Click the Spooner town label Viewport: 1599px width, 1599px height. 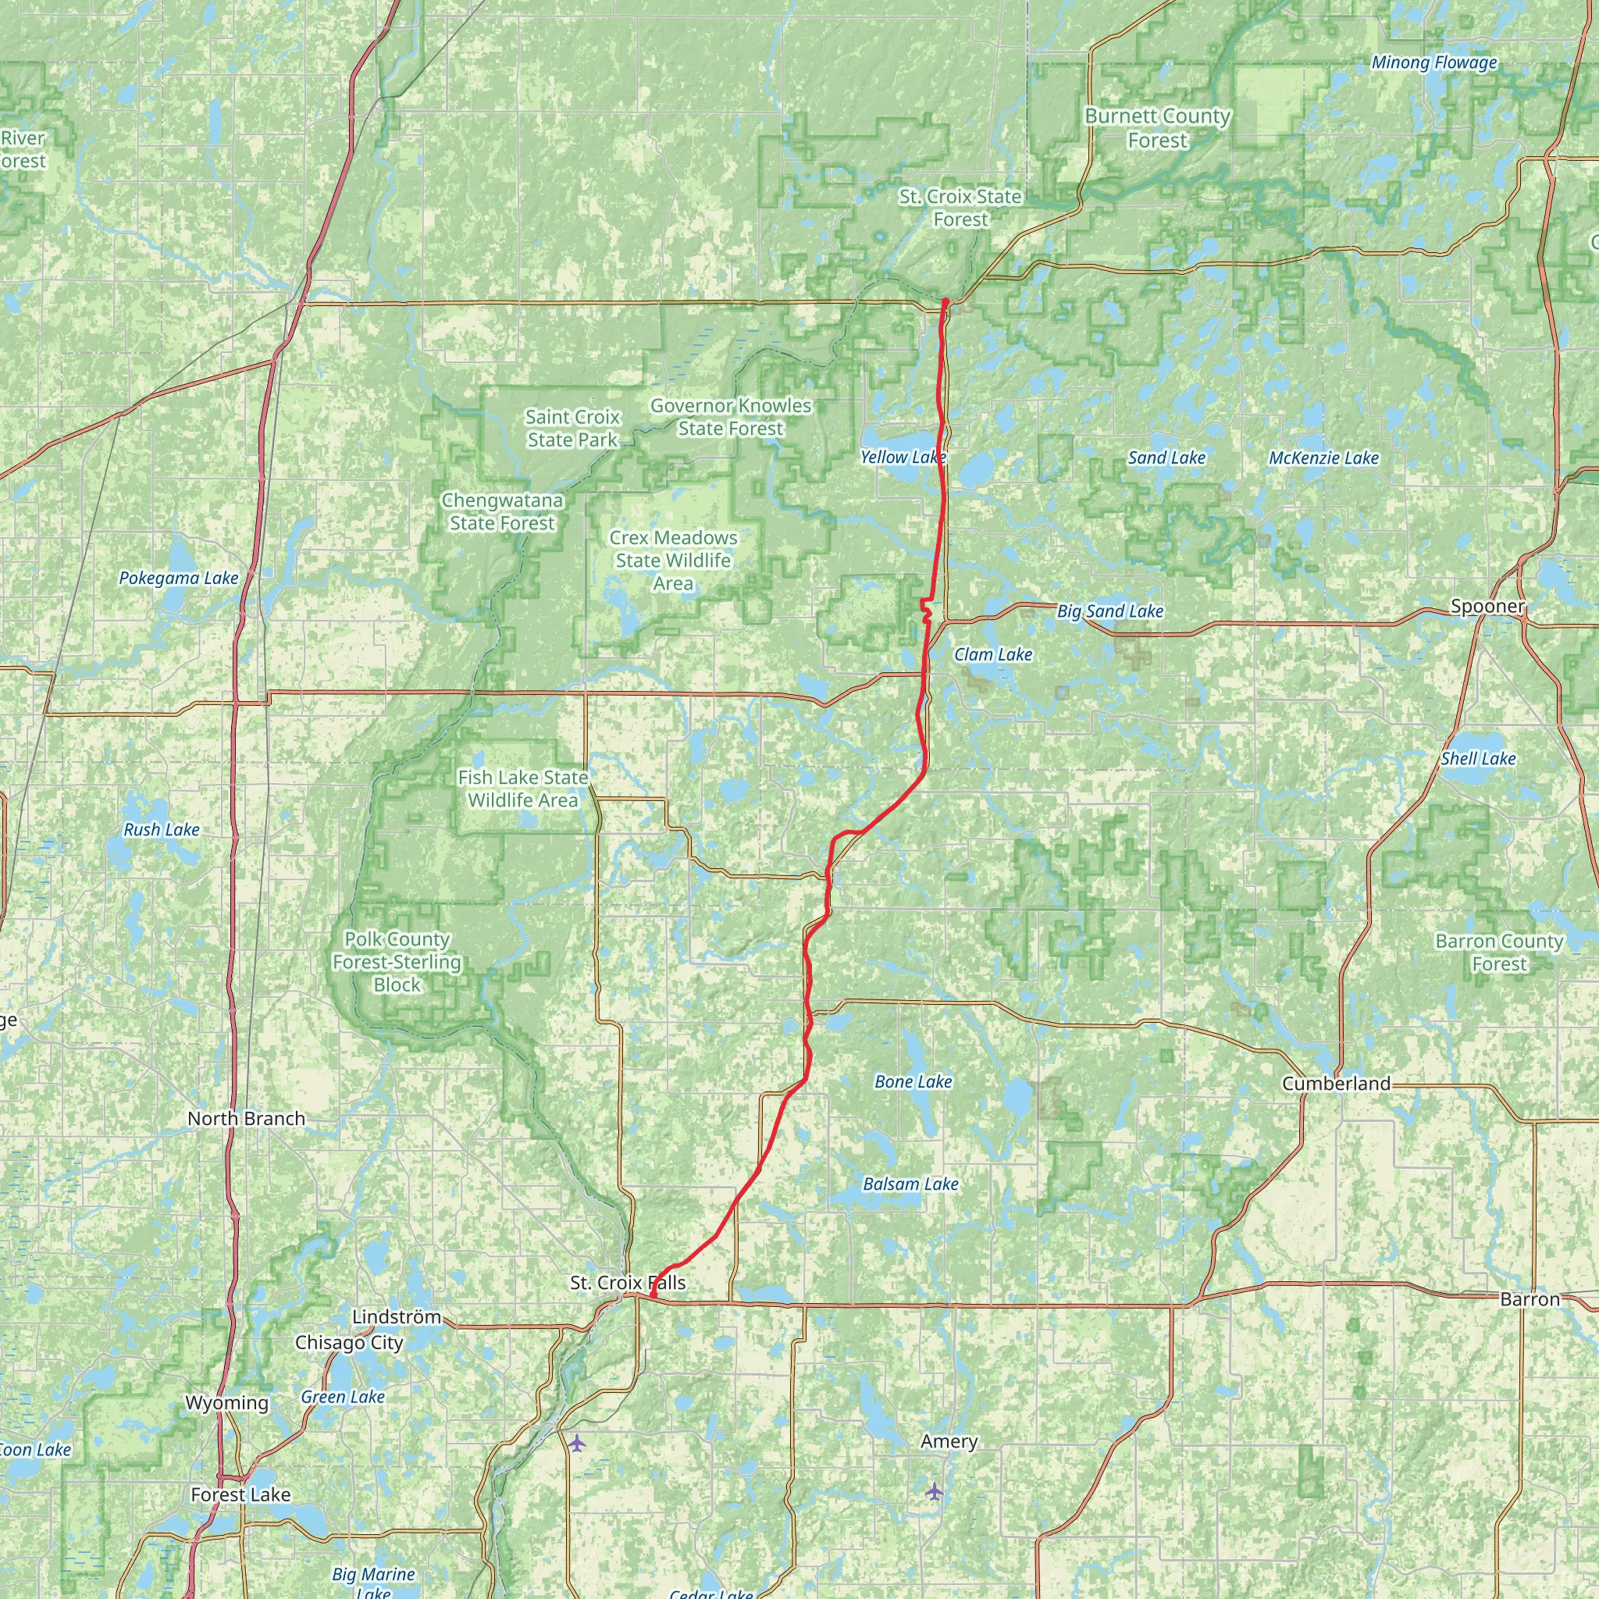(1487, 606)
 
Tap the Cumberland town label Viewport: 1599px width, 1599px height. (1336, 1084)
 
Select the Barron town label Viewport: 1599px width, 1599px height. (1530, 1299)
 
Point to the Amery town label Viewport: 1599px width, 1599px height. (949, 1441)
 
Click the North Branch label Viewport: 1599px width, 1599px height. (246, 1118)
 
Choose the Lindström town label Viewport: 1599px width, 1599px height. (396, 1316)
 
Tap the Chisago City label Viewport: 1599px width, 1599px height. (348, 1342)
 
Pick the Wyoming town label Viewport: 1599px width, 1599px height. (226, 1403)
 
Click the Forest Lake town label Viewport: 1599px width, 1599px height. (240, 1494)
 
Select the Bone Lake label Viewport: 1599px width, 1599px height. (913, 1081)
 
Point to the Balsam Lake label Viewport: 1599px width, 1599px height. (910, 1184)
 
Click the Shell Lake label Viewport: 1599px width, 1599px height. (1478, 758)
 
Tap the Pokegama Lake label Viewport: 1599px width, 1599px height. (178, 578)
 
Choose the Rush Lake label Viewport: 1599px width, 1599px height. (162, 829)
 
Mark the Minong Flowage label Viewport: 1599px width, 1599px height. (1433, 62)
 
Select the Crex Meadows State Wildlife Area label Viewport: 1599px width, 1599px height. (673, 561)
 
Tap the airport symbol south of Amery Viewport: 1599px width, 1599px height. (935, 1490)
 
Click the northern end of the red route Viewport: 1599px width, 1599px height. (945, 301)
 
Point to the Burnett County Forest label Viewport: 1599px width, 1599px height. (1157, 127)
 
